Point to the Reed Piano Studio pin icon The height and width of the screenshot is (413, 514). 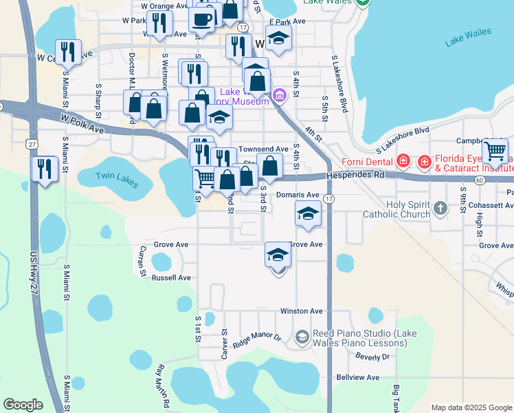point(302,337)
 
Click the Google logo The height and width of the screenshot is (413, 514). point(23,405)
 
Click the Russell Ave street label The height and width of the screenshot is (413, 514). point(171,278)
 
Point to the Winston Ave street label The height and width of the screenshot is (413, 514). point(301,311)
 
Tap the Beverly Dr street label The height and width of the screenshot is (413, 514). point(372,357)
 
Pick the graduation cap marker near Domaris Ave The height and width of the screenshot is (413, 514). point(308,213)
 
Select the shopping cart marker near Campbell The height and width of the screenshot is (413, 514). point(495,150)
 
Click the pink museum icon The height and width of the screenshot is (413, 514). point(279,95)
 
